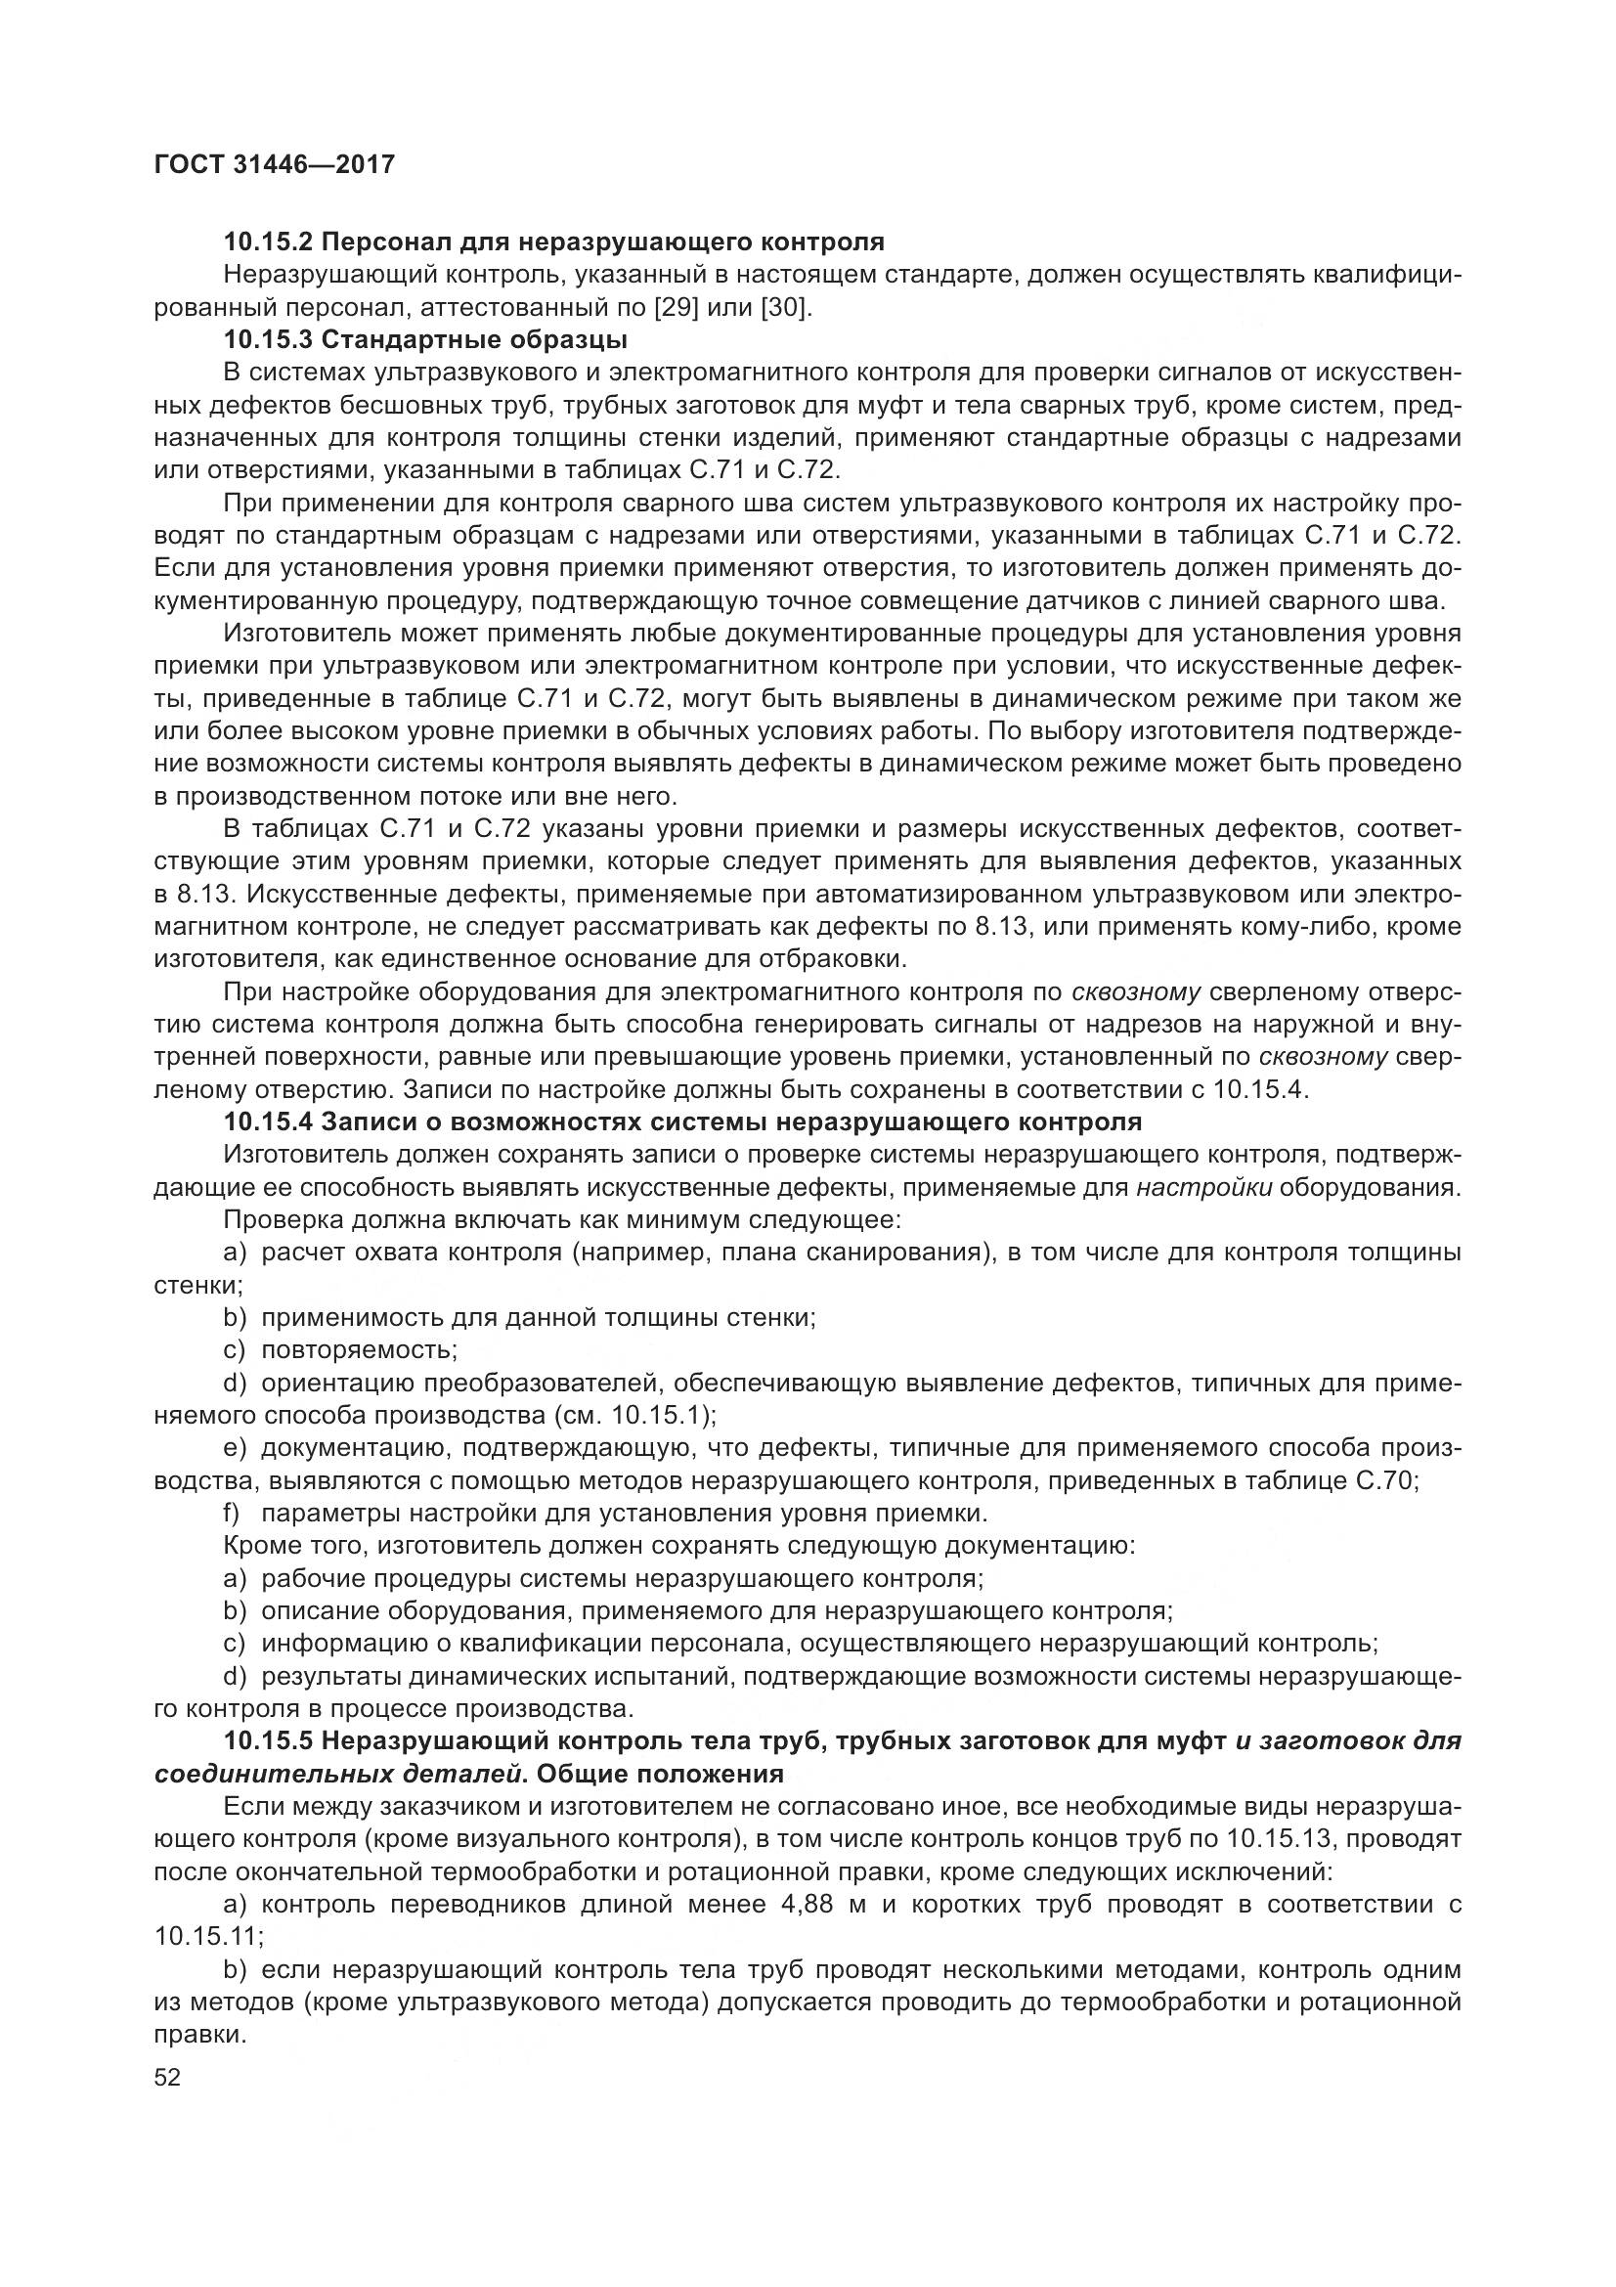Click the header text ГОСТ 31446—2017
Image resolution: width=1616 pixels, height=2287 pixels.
click(275, 164)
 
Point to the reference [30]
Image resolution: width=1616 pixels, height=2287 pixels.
click(786, 307)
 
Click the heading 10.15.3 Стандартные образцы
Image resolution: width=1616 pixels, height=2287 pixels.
click(426, 339)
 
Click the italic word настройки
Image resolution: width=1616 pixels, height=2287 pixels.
click(1203, 1187)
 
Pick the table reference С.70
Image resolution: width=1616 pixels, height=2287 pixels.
click(1385, 1480)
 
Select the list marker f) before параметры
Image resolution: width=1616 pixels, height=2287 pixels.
click(233, 1513)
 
